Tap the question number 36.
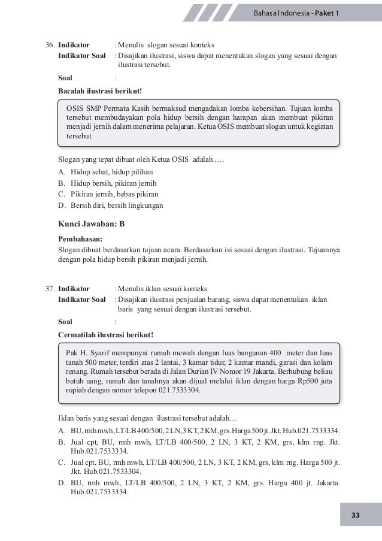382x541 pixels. [x=51, y=45]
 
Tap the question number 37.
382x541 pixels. [x=51, y=289]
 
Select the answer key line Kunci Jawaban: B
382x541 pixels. [x=91, y=224]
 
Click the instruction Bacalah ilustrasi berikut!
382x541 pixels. [x=100, y=90]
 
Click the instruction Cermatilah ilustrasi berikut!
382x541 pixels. [x=105, y=334]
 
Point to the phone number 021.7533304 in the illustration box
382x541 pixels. [x=177, y=389]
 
